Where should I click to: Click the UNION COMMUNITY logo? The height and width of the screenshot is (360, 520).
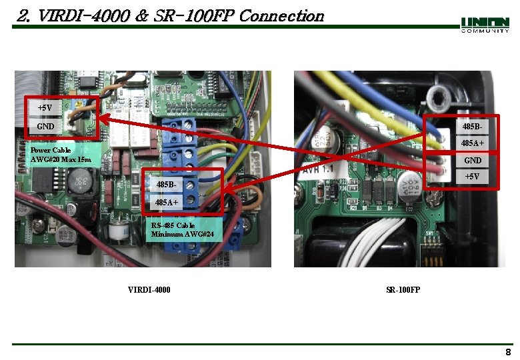485,25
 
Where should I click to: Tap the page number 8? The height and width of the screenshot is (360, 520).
508,352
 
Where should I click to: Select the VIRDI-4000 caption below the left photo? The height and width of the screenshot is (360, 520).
149,289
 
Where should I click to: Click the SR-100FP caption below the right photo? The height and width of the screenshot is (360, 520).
403,289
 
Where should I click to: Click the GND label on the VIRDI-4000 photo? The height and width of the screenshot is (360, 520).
46,126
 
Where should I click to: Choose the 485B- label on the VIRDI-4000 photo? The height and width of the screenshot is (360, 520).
166,184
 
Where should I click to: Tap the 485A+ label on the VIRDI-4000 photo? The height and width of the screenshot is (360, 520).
166,202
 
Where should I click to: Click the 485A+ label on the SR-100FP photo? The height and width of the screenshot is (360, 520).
472,143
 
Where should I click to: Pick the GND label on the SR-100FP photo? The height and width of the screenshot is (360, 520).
472,161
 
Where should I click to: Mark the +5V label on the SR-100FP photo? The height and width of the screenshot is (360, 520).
472,177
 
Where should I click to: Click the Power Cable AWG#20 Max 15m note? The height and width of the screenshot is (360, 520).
61,155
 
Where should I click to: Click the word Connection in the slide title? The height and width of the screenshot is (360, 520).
281,15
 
